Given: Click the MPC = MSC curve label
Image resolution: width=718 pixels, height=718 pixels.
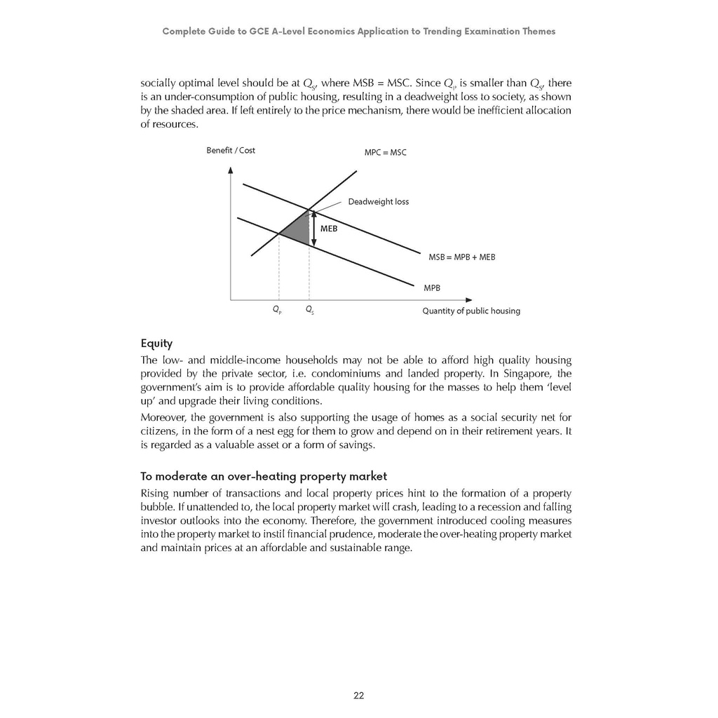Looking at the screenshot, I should pyautogui.click(x=385, y=152).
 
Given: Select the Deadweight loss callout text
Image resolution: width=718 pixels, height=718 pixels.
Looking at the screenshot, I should pyautogui.click(x=378, y=202).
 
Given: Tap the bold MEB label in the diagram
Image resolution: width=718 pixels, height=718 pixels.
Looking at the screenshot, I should pyautogui.click(x=329, y=229).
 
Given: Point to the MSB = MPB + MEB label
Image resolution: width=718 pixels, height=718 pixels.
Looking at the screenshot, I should pyautogui.click(x=461, y=257).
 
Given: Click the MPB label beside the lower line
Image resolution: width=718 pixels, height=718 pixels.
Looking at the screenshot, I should pyautogui.click(x=432, y=287).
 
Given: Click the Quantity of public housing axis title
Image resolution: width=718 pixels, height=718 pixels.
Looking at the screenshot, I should pyautogui.click(x=470, y=311).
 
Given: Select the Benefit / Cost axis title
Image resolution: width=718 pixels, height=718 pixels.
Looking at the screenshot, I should pyautogui.click(x=231, y=150).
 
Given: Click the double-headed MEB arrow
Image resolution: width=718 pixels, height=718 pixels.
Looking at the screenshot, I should pyautogui.click(x=313, y=229).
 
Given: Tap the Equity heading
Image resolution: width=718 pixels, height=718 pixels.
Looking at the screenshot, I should pyautogui.click(x=156, y=344).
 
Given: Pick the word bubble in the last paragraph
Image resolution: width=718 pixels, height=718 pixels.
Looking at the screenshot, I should pyautogui.click(x=157, y=508).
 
